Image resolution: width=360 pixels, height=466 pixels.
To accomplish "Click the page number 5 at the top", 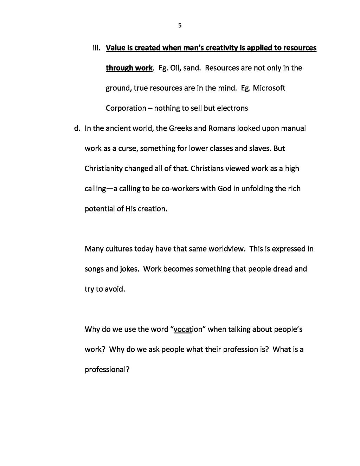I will point(180,25).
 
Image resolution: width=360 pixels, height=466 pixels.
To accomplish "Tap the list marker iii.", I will point(97,48).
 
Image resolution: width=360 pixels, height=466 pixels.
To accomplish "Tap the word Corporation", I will point(126,108).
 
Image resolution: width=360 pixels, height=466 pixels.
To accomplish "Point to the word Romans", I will point(221,128).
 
